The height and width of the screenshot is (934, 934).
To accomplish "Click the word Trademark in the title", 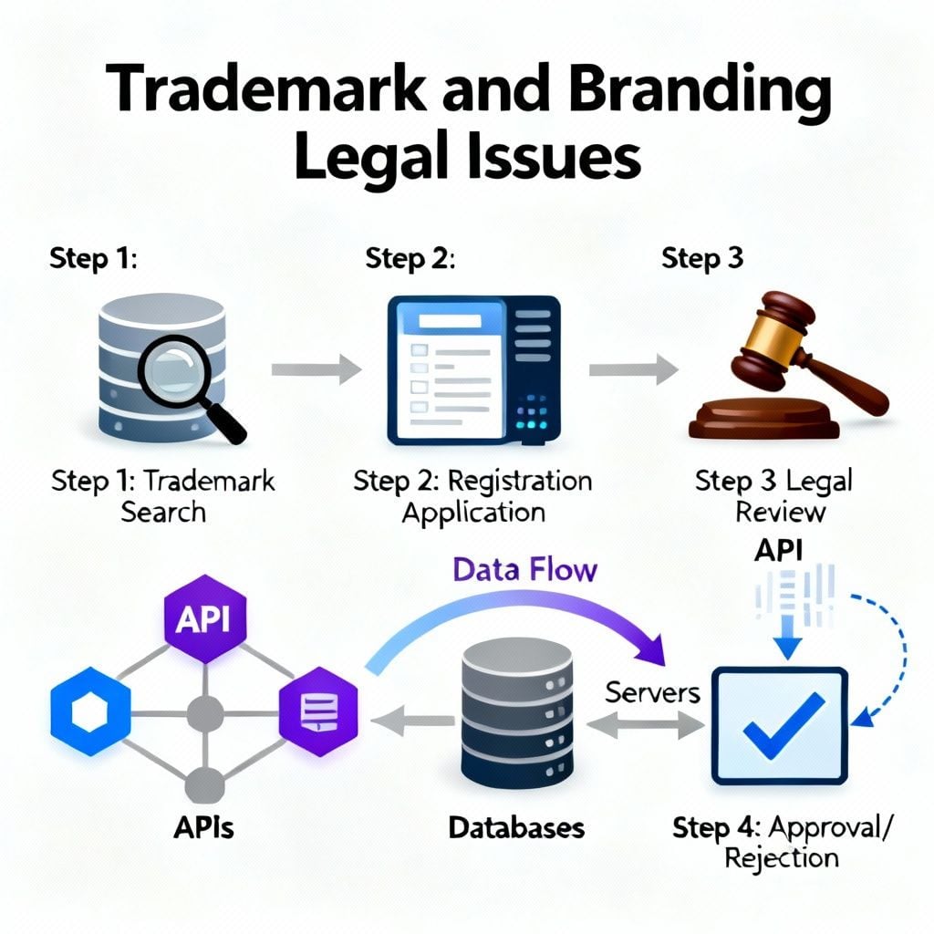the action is pyautogui.click(x=265, y=88).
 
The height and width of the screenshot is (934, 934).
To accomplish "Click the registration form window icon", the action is pyautogui.click(x=473, y=370).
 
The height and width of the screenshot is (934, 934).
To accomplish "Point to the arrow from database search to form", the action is pyautogui.click(x=317, y=369).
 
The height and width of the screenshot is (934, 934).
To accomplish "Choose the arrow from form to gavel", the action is pyautogui.click(x=634, y=369).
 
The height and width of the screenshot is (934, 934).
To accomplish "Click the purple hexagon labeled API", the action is pyautogui.click(x=205, y=619).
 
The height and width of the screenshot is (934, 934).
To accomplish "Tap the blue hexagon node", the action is pyautogui.click(x=90, y=711).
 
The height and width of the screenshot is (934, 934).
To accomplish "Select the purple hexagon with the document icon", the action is pyautogui.click(x=318, y=711).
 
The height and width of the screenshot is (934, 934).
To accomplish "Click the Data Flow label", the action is pyautogui.click(x=524, y=569).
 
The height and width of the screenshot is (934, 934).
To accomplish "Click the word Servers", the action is pyautogui.click(x=652, y=692).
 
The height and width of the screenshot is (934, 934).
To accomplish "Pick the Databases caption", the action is pyautogui.click(x=516, y=828).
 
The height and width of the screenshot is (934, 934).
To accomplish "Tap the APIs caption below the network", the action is pyautogui.click(x=203, y=828).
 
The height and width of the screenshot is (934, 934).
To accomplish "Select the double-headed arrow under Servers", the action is pyautogui.click(x=646, y=725).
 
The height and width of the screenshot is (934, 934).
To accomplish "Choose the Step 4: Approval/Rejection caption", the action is pyautogui.click(x=782, y=842).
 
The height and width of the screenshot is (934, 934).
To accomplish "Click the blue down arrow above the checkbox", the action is pyautogui.click(x=787, y=637).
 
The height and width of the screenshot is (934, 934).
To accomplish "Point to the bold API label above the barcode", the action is pyautogui.click(x=779, y=550).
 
